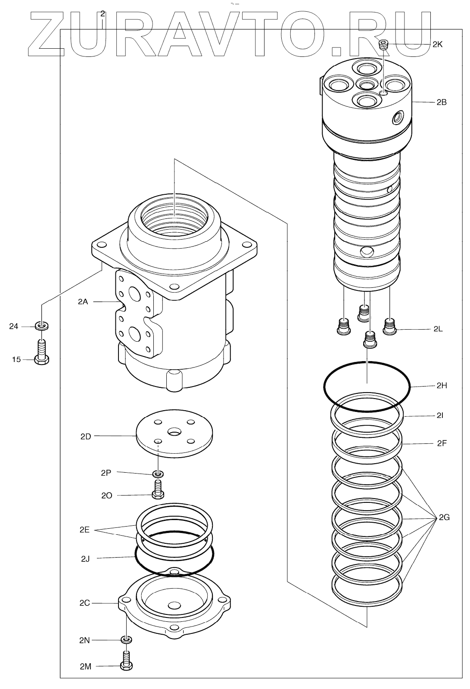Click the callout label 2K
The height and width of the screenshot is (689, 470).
tap(437, 44)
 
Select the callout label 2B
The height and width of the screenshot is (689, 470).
tap(441, 103)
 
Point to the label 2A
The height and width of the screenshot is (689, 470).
tap(83, 302)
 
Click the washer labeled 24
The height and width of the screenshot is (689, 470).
tap(42, 325)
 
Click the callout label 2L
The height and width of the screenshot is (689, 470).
tap(438, 329)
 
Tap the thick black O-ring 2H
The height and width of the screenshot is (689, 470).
tap(409, 386)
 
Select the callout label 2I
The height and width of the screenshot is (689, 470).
tap(440, 416)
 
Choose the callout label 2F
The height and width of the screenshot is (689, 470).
tap(442, 443)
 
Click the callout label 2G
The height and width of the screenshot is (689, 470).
tap(444, 517)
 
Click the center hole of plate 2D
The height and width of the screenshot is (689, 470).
tap(175, 431)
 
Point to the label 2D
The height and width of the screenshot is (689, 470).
tap(86, 436)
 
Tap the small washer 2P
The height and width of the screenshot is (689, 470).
tap(159, 474)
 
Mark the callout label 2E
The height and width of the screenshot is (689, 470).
tap(84, 530)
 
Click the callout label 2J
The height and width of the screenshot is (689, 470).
tap(85, 559)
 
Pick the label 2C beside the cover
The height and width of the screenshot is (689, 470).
tap(84, 603)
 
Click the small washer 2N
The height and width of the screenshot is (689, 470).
tap(126, 639)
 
